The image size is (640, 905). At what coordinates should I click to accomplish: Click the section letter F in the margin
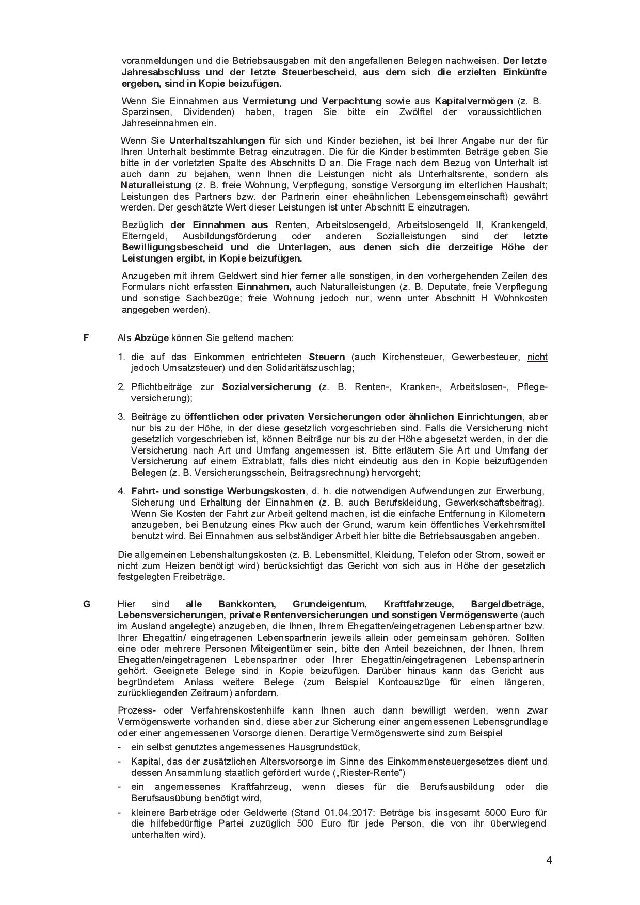86,338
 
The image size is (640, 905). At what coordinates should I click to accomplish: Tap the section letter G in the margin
87,604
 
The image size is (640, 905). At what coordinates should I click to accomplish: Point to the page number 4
549,860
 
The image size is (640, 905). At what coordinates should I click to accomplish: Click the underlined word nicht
537,357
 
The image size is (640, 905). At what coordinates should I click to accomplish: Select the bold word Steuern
327,357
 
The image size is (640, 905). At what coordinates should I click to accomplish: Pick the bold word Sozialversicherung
266,387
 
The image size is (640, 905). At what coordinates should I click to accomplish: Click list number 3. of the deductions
121,417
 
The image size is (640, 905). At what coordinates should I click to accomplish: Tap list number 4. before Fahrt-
121,491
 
